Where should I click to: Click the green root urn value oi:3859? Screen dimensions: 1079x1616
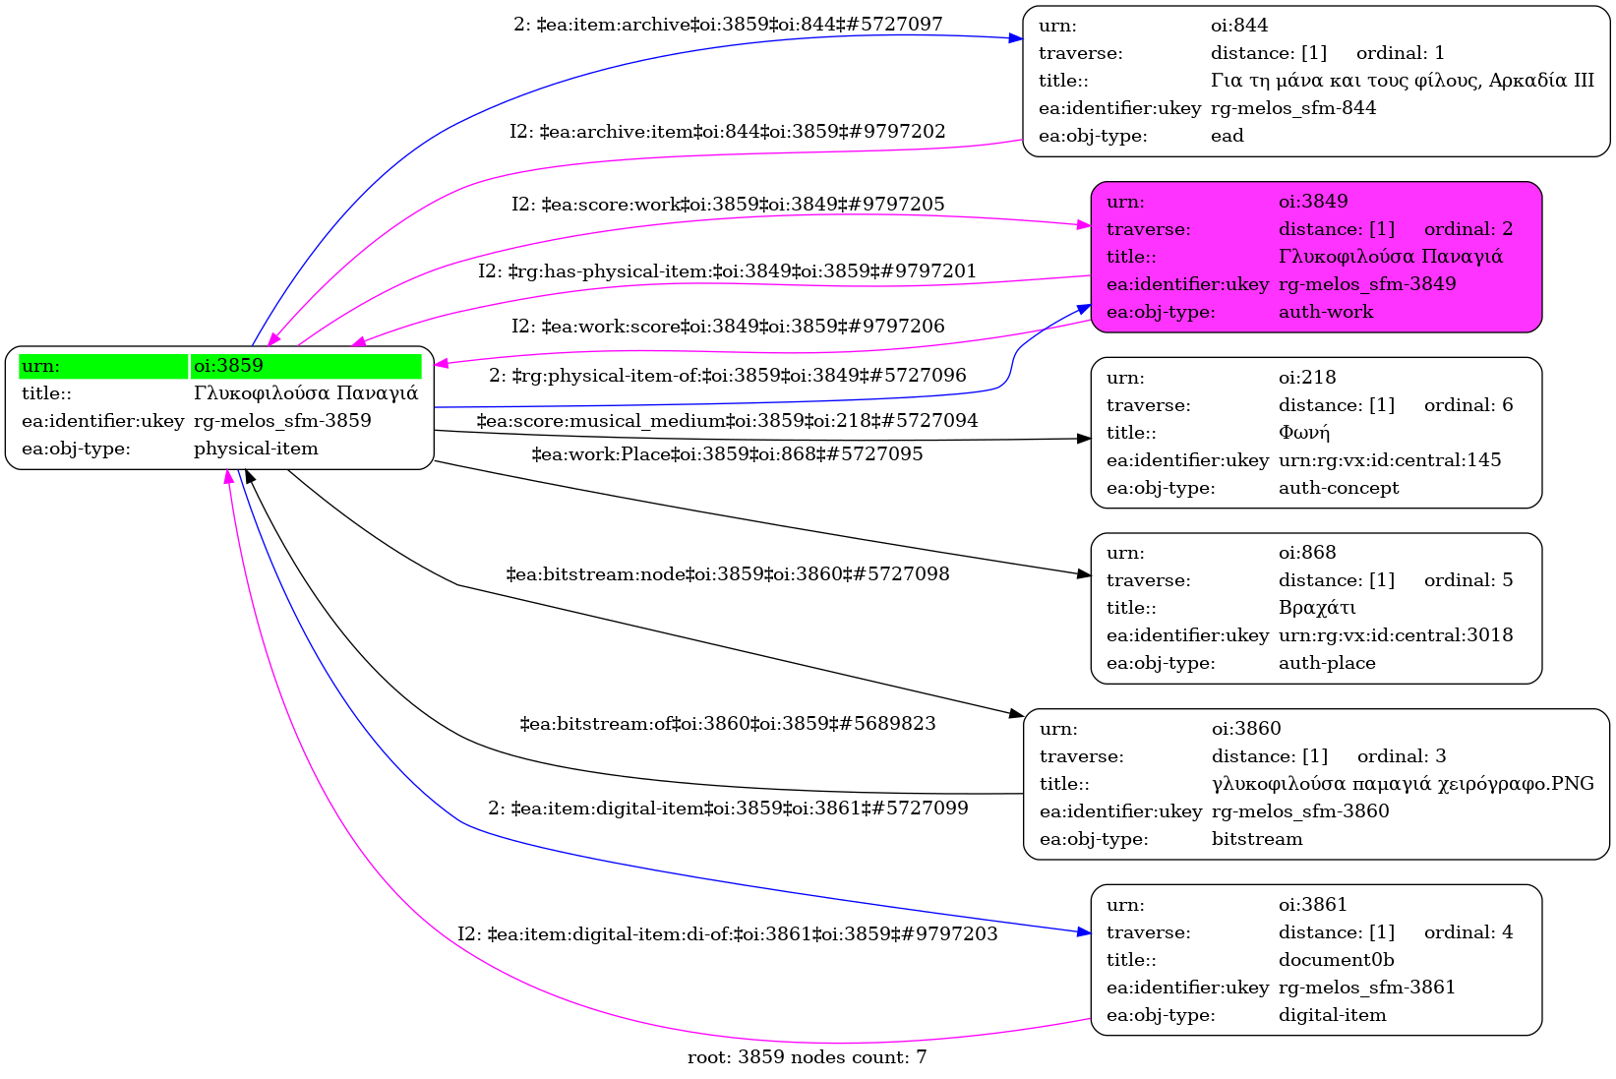tap(228, 366)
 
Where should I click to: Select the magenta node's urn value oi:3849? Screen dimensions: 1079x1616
tap(1313, 202)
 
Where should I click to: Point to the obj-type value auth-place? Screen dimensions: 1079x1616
tap(1327, 663)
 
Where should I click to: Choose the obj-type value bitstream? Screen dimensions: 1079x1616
tap(1257, 839)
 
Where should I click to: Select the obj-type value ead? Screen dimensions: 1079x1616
tap(1227, 136)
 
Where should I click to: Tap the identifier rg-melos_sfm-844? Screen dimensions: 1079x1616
tap(1293, 108)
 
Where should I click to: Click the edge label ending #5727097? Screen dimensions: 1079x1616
tap(728, 25)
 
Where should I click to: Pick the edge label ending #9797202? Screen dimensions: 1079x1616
tap(728, 132)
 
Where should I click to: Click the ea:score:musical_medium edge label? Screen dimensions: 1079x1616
tap(728, 421)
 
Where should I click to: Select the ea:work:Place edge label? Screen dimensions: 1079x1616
tap(728, 454)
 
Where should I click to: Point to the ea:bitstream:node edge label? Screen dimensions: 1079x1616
tap(728, 574)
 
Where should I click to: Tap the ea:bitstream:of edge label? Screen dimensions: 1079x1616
tap(728, 724)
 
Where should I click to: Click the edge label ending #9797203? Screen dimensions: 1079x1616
tap(728, 934)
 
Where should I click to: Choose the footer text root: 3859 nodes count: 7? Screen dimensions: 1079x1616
tap(807, 1057)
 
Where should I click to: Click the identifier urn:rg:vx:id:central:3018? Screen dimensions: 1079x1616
tap(1396, 635)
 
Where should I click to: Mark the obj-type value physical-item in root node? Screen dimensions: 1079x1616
tap(256, 449)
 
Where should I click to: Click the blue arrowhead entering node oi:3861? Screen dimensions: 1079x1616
tap(1084, 930)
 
